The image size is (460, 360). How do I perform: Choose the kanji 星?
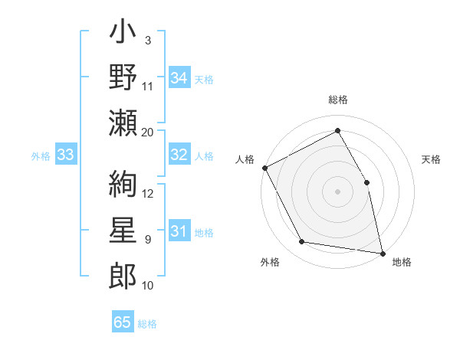coord(123,231)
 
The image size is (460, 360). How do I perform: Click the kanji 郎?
coord(123,276)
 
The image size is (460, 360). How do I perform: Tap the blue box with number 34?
coord(179,77)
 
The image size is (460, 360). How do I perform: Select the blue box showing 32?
coord(179,155)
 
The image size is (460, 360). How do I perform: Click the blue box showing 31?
coord(179,231)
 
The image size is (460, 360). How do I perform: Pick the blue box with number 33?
coord(65,155)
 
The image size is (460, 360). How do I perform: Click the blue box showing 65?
coord(123,322)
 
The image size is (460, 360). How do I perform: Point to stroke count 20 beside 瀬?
coord(147,132)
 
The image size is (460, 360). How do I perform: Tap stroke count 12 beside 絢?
coord(148,193)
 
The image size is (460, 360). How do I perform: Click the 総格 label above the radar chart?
coord(338,100)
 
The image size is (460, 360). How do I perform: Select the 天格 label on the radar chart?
coord(432,159)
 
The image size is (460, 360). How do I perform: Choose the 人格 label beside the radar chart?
coord(245,159)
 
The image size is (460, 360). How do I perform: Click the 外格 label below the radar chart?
coord(270,262)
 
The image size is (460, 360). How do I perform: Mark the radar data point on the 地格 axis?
coord(382,252)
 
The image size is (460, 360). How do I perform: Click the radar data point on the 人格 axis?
coord(264,167)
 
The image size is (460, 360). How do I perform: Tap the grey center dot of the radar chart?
coord(338,191)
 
